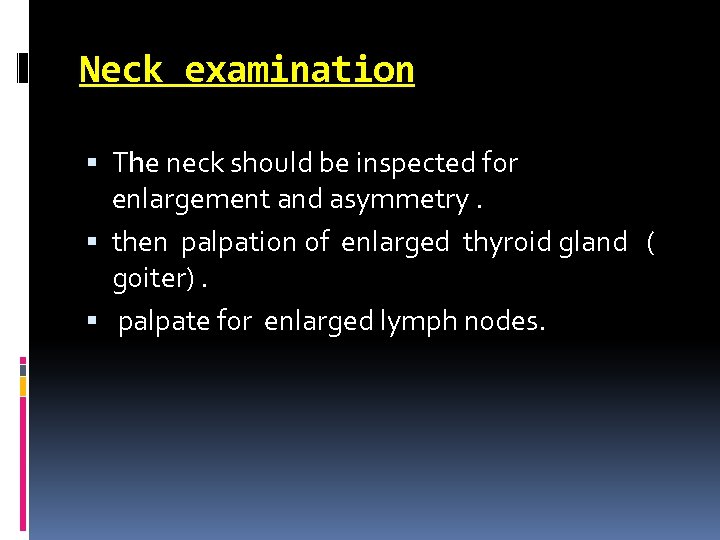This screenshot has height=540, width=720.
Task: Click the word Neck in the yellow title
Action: click(121, 70)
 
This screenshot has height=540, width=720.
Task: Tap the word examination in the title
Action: click(299, 70)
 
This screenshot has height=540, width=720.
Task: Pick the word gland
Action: click(593, 243)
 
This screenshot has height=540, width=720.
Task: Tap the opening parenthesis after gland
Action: click(651, 243)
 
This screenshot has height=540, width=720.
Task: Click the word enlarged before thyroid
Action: click(396, 243)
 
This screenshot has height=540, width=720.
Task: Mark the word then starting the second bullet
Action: click(139, 242)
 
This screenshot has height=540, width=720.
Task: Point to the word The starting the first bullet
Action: click(136, 162)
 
